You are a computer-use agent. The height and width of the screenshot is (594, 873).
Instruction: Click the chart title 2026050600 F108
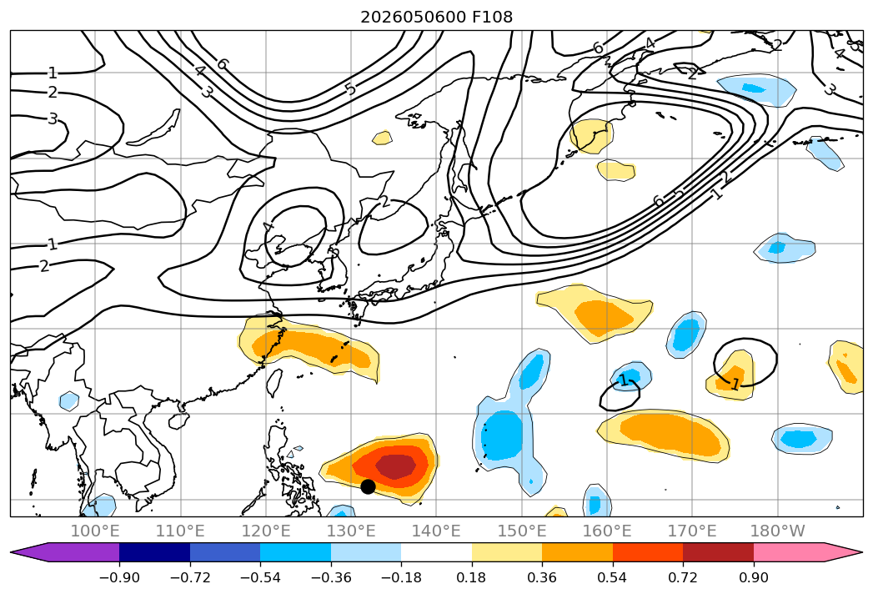click(437, 18)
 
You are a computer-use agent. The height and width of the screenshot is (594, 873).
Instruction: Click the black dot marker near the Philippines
click(368, 486)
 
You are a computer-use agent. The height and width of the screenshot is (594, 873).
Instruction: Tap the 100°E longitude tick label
click(95, 531)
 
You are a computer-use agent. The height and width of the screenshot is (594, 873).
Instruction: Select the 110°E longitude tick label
click(180, 531)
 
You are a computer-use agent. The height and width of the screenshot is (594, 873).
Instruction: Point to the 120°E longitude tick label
click(266, 531)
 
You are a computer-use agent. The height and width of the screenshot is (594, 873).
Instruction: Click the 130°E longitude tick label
click(351, 531)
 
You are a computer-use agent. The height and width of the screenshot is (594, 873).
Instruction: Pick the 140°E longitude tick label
click(436, 531)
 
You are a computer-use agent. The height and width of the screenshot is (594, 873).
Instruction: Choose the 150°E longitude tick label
click(522, 531)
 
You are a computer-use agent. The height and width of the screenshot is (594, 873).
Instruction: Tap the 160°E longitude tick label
click(607, 531)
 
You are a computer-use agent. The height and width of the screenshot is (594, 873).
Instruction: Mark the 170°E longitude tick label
click(692, 531)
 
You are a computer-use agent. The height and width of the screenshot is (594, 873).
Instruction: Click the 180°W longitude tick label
click(778, 531)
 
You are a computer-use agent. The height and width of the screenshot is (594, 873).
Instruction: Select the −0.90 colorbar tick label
click(119, 577)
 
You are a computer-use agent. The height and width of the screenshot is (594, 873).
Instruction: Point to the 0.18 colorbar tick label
click(472, 577)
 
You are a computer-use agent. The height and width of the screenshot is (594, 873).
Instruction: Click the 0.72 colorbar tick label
click(683, 577)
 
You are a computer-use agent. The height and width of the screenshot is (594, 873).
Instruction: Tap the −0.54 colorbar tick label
click(260, 577)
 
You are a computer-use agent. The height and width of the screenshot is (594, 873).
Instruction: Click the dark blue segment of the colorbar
click(155, 552)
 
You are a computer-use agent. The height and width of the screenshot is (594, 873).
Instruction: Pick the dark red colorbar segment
click(718, 552)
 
